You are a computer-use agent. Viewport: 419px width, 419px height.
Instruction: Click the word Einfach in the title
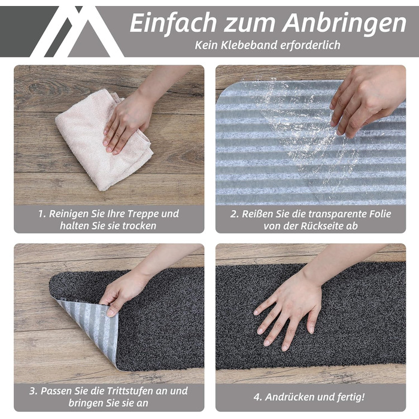173,23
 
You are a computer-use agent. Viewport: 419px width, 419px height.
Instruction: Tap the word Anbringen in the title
344,23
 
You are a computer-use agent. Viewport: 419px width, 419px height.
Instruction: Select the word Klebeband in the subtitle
249,45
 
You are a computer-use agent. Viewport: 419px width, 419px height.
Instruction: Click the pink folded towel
104,139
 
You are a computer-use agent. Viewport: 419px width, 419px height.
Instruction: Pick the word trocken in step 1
139,226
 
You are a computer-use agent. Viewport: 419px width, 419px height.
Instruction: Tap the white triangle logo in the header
77,32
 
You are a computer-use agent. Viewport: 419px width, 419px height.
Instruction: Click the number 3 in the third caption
32,391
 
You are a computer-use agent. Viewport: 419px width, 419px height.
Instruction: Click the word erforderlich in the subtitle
310,45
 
